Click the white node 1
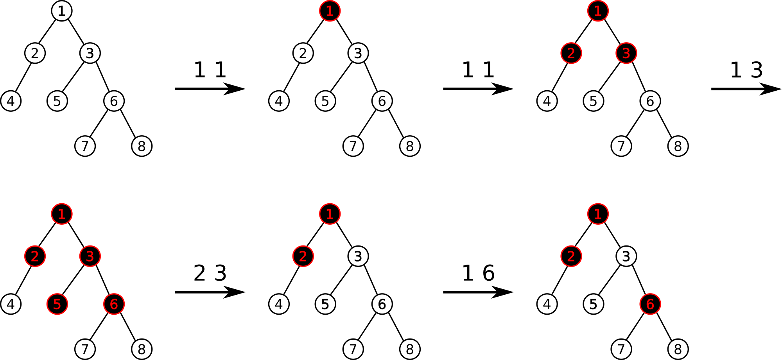tap(62, 11)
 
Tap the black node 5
tap(57, 304)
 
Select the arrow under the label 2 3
tap(210, 292)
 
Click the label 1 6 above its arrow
tap(478, 273)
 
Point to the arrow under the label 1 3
tap(746, 89)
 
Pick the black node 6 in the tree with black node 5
tap(114, 304)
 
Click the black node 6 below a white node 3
tap(650, 304)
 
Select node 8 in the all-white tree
tap(142, 146)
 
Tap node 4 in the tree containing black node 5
tap(11, 304)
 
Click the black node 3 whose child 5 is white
tap(626, 53)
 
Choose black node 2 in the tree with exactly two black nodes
tap(303, 256)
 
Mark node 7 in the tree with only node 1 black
tap(353, 146)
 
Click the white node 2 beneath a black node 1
tap(303, 53)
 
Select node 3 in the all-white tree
tap(90, 53)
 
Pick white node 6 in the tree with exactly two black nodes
tap(382, 304)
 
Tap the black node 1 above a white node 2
tap(330, 11)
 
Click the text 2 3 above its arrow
tap(210, 273)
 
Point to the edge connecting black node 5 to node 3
tap(74, 280)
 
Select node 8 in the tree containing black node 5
tap(142, 349)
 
